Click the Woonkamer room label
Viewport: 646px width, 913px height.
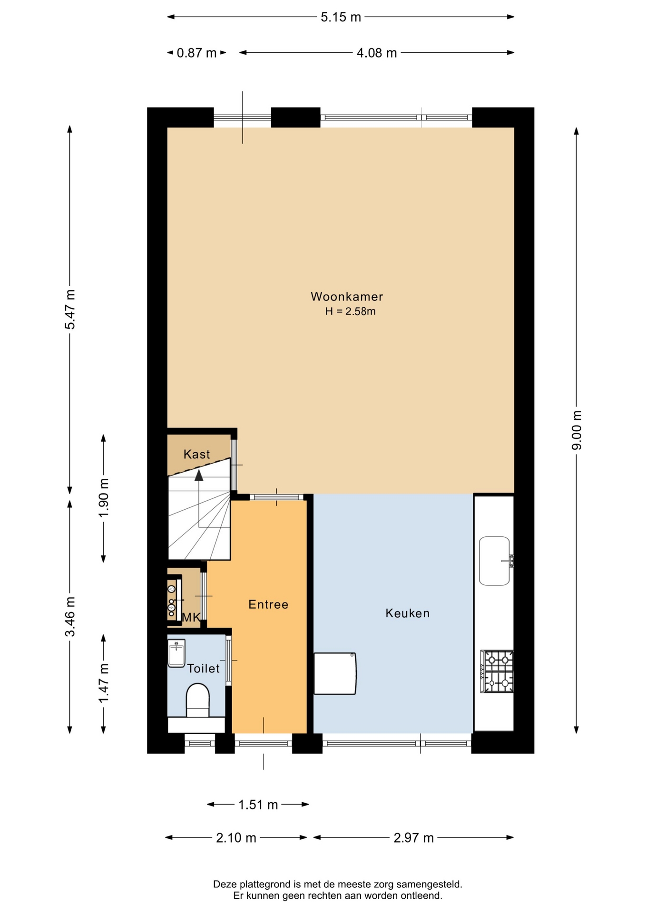tap(347, 297)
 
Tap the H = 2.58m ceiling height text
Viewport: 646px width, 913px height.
tap(351, 311)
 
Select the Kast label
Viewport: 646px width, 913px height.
tap(196, 454)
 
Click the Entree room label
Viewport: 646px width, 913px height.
tap(268, 604)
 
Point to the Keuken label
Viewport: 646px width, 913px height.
tap(408, 613)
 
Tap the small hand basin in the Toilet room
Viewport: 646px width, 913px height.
tap(176, 653)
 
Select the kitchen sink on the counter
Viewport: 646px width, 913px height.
tap(495, 561)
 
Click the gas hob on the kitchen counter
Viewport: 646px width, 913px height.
tap(498, 671)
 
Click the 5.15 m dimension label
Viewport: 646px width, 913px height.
tap(341, 17)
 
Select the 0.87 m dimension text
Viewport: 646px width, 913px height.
tap(196, 53)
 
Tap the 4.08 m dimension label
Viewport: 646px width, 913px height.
tap(377, 53)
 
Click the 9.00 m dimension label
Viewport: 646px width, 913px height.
tap(577, 430)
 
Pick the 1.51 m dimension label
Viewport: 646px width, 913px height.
tap(258, 805)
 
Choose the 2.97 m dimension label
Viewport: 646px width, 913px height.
tap(413, 838)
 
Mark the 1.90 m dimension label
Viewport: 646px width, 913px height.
tap(104, 498)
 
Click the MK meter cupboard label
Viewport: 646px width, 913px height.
tap(191, 618)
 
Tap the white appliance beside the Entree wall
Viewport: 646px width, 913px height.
tap(335, 673)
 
